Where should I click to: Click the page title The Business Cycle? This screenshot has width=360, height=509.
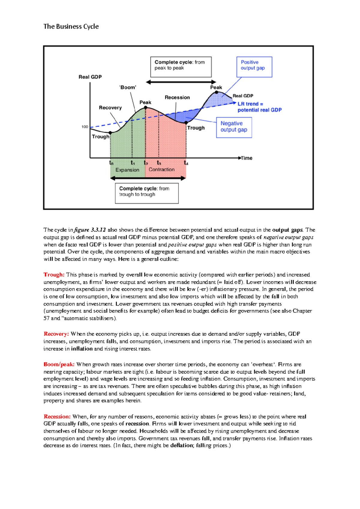[x=71, y=26]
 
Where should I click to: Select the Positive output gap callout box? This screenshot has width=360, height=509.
[x=254, y=67]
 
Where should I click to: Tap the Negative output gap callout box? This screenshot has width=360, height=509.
[x=234, y=127]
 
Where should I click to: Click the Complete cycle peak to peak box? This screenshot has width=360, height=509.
[x=181, y=67]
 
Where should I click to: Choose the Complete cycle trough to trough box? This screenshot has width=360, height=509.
[x=147, y=193]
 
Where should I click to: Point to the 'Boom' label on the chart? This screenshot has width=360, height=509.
[x=128, y=88]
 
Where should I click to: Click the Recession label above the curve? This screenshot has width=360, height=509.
[x=177, y=97]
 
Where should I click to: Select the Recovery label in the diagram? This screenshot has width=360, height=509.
[x=110, y=108]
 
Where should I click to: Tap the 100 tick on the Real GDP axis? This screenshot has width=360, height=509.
[x=85, y=127]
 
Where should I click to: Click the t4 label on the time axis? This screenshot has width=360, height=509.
[x=186, y=163]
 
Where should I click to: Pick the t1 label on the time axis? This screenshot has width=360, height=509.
[x=133, y=163]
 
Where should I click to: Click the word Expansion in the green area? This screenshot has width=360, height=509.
[x=127, y=170]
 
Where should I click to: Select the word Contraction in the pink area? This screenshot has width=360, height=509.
[x=162, y=170]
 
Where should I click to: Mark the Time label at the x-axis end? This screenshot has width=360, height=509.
[x=247, y=158]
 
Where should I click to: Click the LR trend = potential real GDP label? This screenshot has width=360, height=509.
[x=259, y=107]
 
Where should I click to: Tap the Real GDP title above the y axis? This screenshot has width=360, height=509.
[x=90, y=77]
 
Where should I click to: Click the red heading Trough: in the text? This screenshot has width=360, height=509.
[x=54, y=275]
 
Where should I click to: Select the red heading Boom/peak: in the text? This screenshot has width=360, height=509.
[x=59, y=365]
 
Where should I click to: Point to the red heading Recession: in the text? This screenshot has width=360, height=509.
[x=57, y=417]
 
